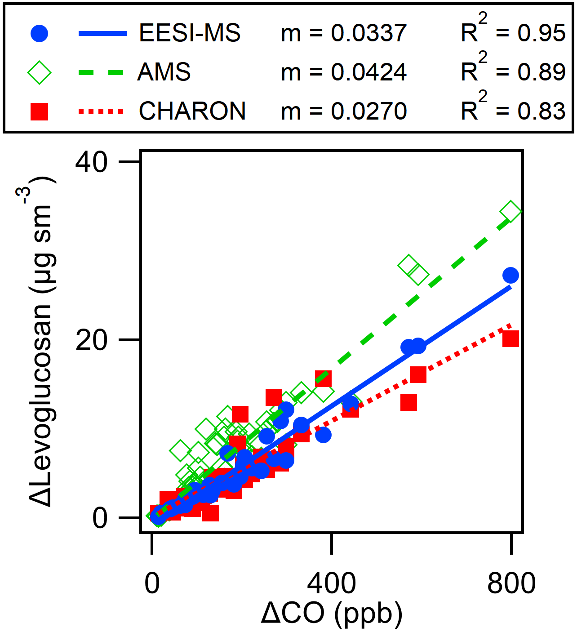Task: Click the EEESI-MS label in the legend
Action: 190,33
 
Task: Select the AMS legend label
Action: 164,72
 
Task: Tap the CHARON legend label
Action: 192,111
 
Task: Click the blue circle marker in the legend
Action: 39,33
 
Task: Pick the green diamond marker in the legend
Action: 39,72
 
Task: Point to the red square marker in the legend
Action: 39,111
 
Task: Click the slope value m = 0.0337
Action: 344,33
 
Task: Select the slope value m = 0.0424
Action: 344,72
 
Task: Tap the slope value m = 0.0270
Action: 344,111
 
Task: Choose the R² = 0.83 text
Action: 513,109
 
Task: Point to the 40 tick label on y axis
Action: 92,162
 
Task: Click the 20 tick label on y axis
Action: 92,340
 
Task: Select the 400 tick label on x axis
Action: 331,583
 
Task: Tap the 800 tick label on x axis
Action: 511,583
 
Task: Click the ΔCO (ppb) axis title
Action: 332,614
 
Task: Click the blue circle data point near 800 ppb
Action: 510,275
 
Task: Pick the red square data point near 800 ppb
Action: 510,338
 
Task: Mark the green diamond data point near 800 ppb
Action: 511,211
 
